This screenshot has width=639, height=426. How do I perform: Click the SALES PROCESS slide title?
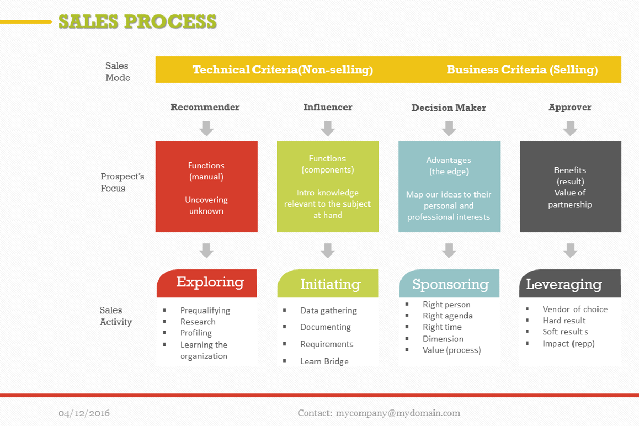[137, 22]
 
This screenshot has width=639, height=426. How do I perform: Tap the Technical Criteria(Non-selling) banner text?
[283, 70]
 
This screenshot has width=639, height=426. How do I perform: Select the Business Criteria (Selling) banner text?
[522, 70]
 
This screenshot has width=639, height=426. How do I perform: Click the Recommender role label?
[205, 107]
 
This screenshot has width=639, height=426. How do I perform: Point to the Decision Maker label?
[448, 108]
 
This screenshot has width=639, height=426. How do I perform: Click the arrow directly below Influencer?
[327, 128]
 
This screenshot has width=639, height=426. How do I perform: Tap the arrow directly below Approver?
[570, 128]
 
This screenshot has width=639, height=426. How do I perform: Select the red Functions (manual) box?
[207, 187]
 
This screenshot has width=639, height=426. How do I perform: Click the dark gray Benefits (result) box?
[570, 187]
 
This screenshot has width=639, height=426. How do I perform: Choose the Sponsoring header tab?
[450, 284]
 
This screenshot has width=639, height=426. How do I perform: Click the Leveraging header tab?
[564, 284]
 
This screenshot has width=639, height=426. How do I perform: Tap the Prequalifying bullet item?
[205, 310]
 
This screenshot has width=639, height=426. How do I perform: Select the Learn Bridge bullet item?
[324, 361]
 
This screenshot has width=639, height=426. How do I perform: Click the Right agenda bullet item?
[448, 316]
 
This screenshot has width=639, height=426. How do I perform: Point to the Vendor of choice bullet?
[575, 309]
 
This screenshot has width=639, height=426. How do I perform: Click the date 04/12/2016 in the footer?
[84, 413]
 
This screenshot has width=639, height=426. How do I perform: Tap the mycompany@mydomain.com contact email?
[398, 413]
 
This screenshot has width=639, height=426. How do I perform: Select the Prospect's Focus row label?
[115, 182]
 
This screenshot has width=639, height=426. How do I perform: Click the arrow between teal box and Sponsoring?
[449, 251]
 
